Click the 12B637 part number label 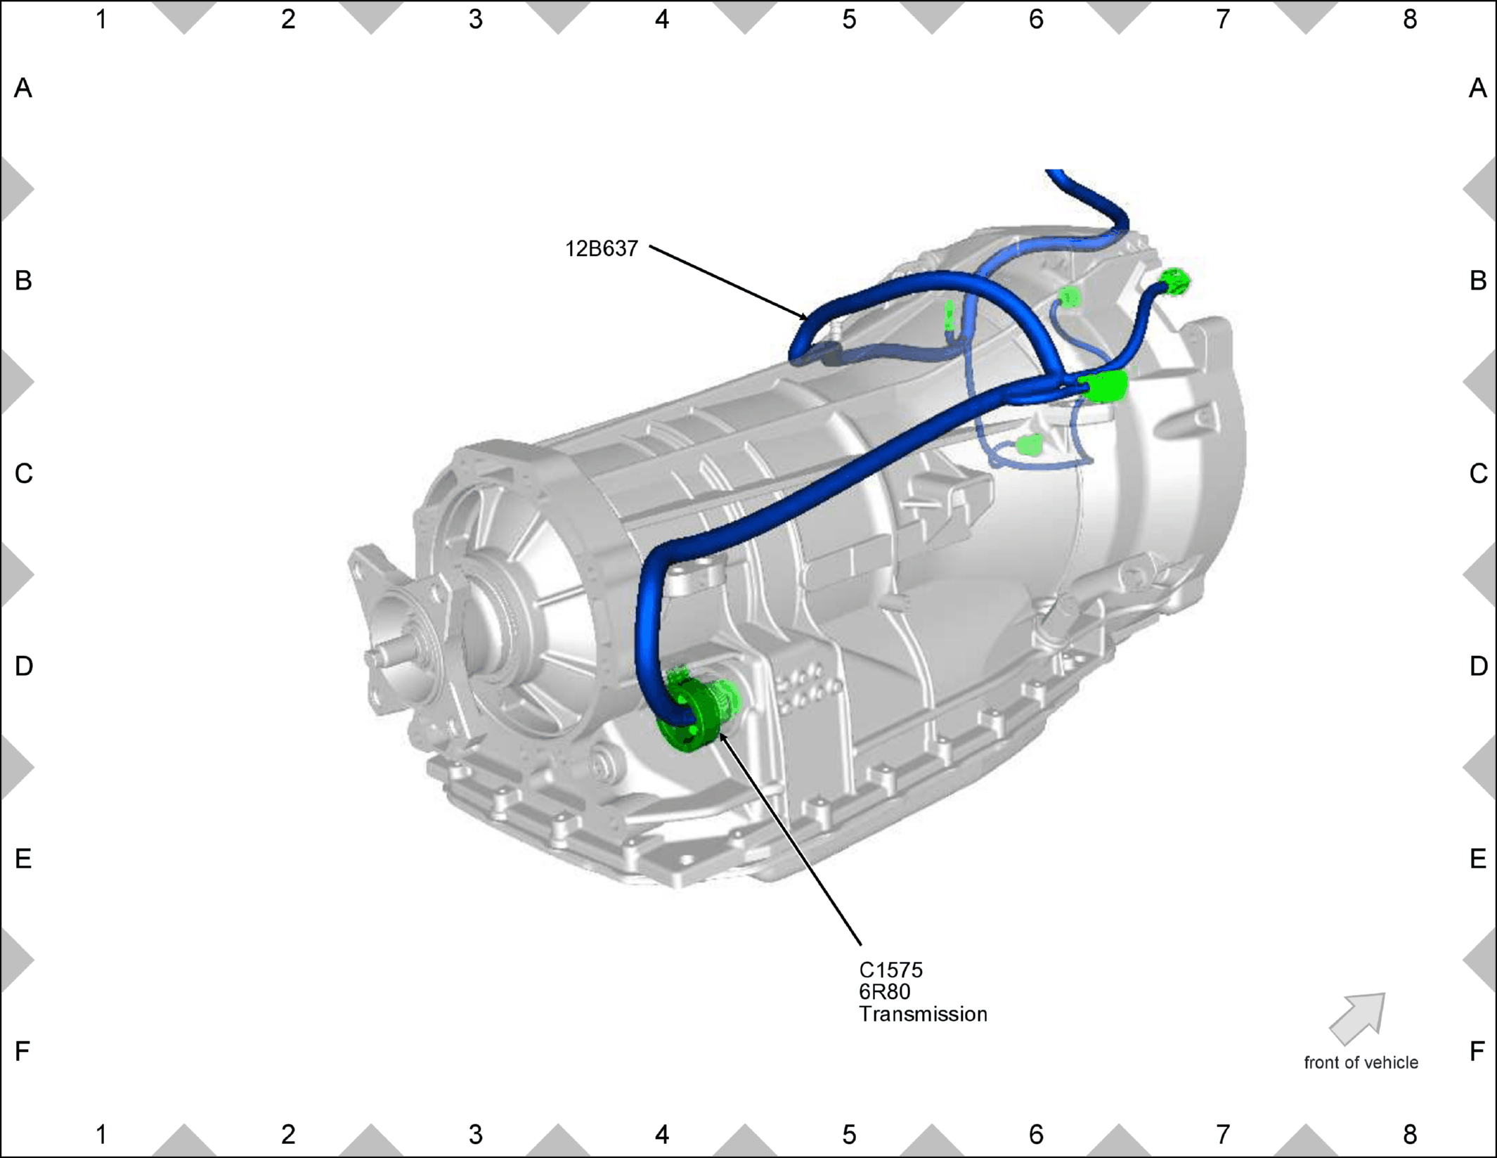(x=602, y=249)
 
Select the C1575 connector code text (x=890, y=970)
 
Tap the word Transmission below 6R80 (x=923, y=1014)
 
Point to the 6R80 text (x=885, y=992)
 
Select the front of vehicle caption (x=1361, y=1062)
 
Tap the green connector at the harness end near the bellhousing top (x=1174, y=281)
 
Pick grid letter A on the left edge (x=23, y=89)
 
